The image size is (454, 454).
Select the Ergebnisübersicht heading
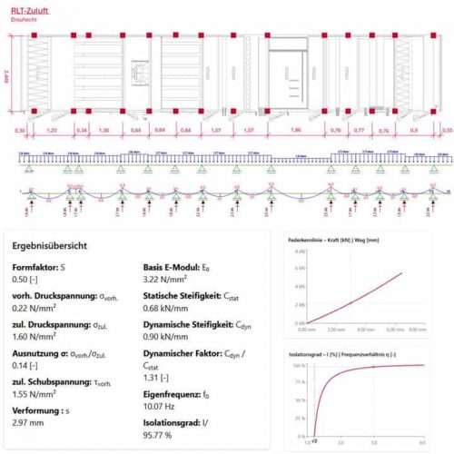[49, 245]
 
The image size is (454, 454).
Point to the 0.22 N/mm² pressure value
[31, 308]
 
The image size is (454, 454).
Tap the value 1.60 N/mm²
[31, 335]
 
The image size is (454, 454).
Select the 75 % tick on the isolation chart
[300, 386]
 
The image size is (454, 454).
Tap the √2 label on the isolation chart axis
[314, 443]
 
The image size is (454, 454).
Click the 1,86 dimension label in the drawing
[294, 129]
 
